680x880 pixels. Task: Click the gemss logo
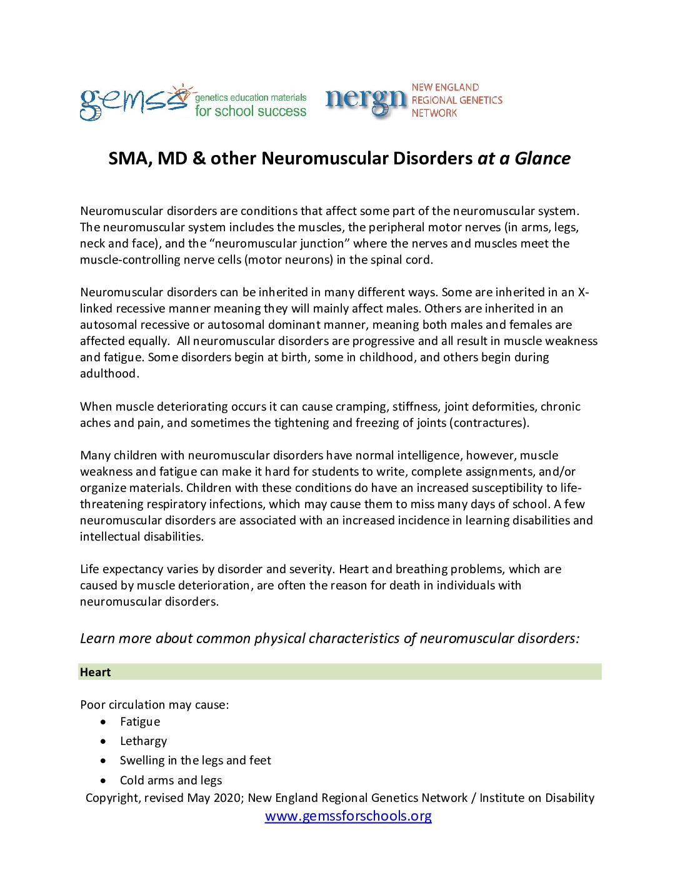(x=133, y=102)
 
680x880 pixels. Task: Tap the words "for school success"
(x=250, y=111)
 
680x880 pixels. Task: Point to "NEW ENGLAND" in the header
(x=445, y=87)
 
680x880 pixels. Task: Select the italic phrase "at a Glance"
(x=524, y=159)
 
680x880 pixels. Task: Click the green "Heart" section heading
(x=96, y=672)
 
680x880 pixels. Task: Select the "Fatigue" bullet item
(x=140, y=722)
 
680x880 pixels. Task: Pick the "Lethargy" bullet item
(x=143, y=741)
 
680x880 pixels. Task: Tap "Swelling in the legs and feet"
(x=195, y=761)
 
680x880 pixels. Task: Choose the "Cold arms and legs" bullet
(x=171, y=781)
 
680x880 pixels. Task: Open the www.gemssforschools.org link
(x=348, y=816)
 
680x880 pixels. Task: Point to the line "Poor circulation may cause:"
(x=154, y=705)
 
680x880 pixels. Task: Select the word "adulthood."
(x=109, y=374)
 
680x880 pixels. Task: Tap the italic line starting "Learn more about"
(x=329, y=639)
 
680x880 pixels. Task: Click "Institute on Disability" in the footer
(x=537, y=798)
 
